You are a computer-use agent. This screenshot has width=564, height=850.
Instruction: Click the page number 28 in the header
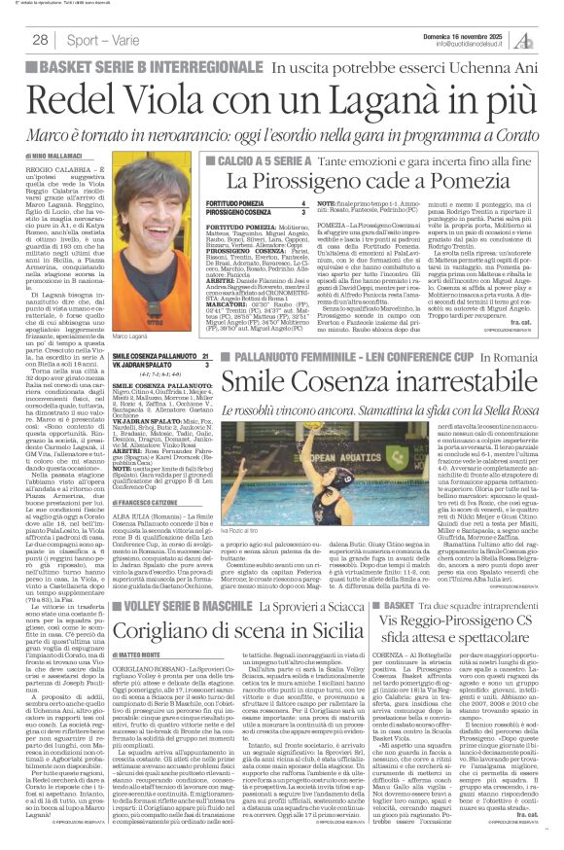[x=40, y=39]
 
